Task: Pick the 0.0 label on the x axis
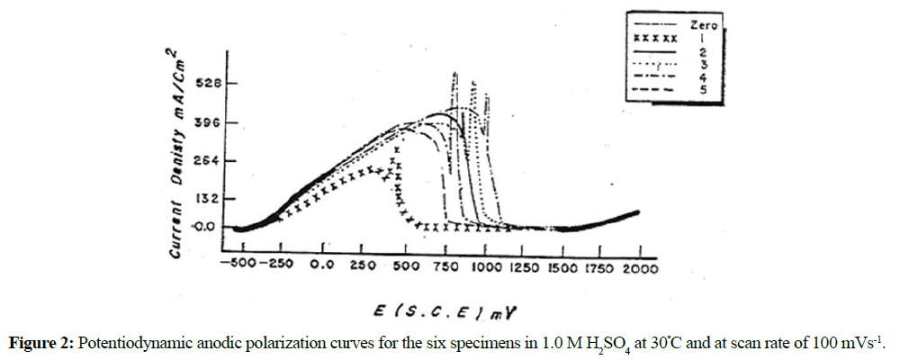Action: pyautogui.click(x=321, y=267)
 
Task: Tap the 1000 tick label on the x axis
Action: pyautogui.click(x=485, y=267)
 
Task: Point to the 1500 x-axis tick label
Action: pyautogui.click(x=562, y=267)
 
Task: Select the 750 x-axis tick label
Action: pyautogui.click(x=446, y=267)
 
